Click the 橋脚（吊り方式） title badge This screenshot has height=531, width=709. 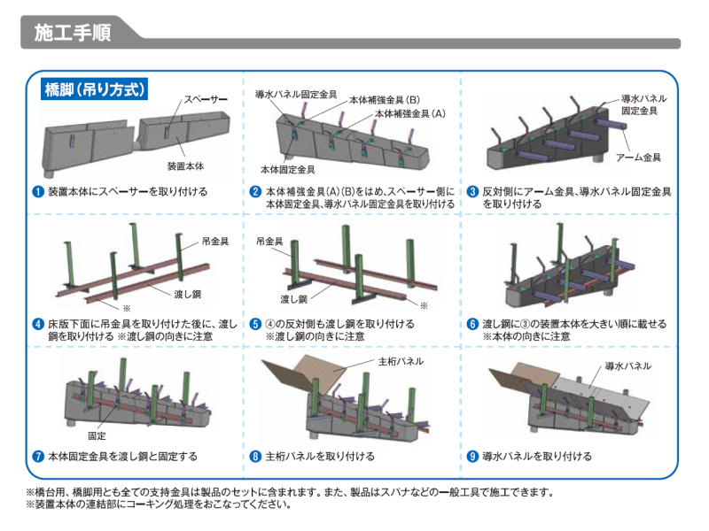(x=95, y=89)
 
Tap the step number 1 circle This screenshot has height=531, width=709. (x=38, y=191)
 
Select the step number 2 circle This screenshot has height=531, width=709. (x=255, y=191)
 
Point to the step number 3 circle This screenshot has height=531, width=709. (x=473, y=191)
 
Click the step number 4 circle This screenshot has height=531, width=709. (x=38, y=324)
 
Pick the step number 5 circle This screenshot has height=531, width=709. (x=255, y=324)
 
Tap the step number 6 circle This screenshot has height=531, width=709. (x=473, y=324)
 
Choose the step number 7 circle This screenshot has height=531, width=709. (x=38, y=457)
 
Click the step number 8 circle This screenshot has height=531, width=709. (x=255, y=457)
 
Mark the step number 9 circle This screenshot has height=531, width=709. (x=473, y=457)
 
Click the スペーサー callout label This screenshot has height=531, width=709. (x=206, y=100)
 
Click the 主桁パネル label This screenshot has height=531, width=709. (x=401, y=361)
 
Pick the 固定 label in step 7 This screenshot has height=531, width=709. (x=97, y=436)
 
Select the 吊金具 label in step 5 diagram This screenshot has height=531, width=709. (x=269, y=241)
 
